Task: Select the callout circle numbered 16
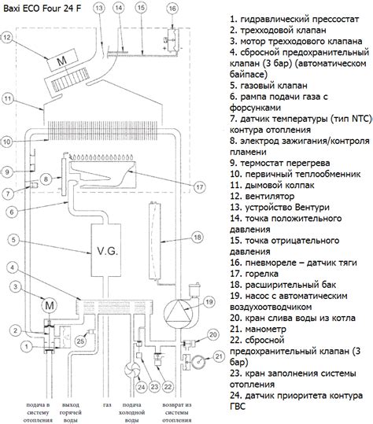point(172,9)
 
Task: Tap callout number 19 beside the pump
point(209,301)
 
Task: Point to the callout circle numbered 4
point(13,267)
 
